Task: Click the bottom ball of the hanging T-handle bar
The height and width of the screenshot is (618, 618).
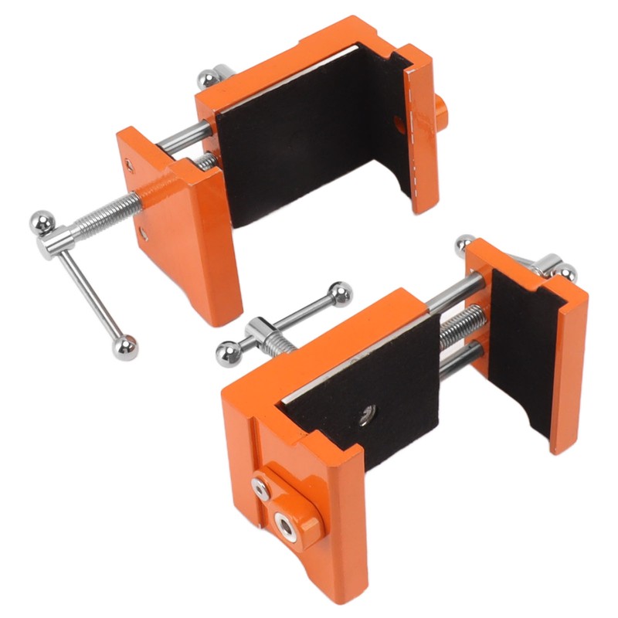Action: tap(124, 348)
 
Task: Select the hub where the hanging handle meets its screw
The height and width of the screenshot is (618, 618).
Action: tap(59, 240)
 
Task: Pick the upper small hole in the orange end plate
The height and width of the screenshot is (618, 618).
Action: tap(130, 164)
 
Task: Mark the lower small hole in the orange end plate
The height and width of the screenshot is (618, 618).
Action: tap(143, 231)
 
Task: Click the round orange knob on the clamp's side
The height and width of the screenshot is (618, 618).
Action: tap(441, 114)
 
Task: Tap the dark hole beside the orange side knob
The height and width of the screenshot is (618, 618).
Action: tap(399, 122)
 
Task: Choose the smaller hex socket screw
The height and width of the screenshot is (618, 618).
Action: tap(260, 486)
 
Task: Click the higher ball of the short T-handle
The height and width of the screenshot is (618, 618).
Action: tap(340, 293)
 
